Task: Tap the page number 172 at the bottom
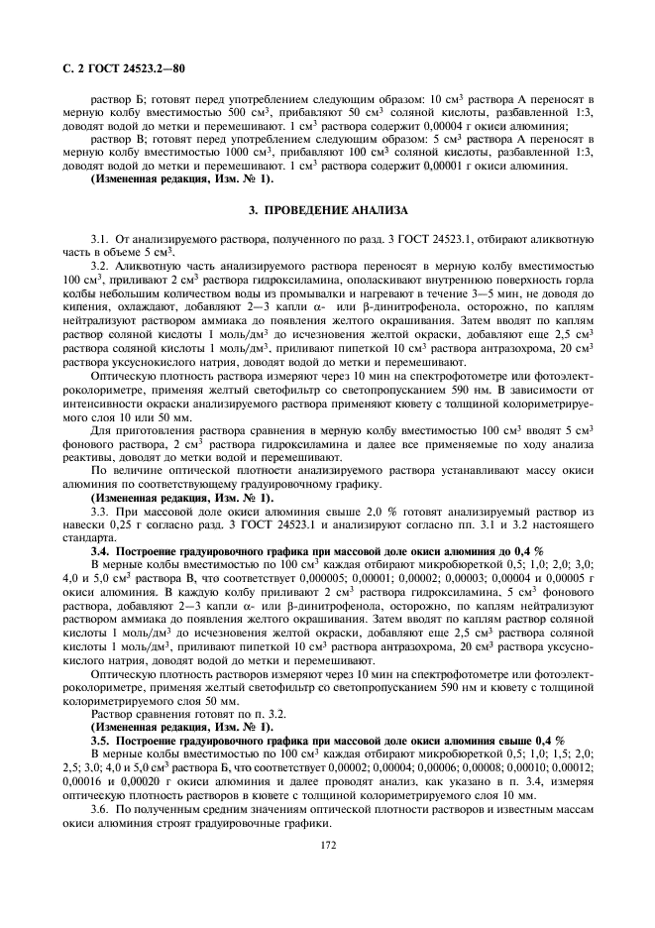328,845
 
